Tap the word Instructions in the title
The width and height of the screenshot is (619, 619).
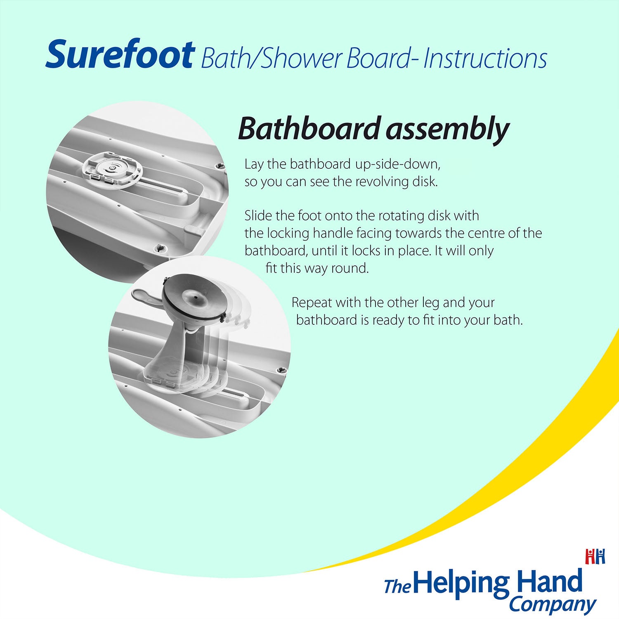tap(485, 59)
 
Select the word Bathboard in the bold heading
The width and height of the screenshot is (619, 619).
tap(309, 129)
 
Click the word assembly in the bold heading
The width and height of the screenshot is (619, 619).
tap(448, 130)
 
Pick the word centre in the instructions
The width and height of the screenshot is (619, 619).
tap(484, 233)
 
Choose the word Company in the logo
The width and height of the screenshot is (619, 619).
tap(552, 605)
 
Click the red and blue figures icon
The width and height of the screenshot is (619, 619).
tap(595, 556)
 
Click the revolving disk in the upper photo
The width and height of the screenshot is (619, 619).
tap(112, 170)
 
